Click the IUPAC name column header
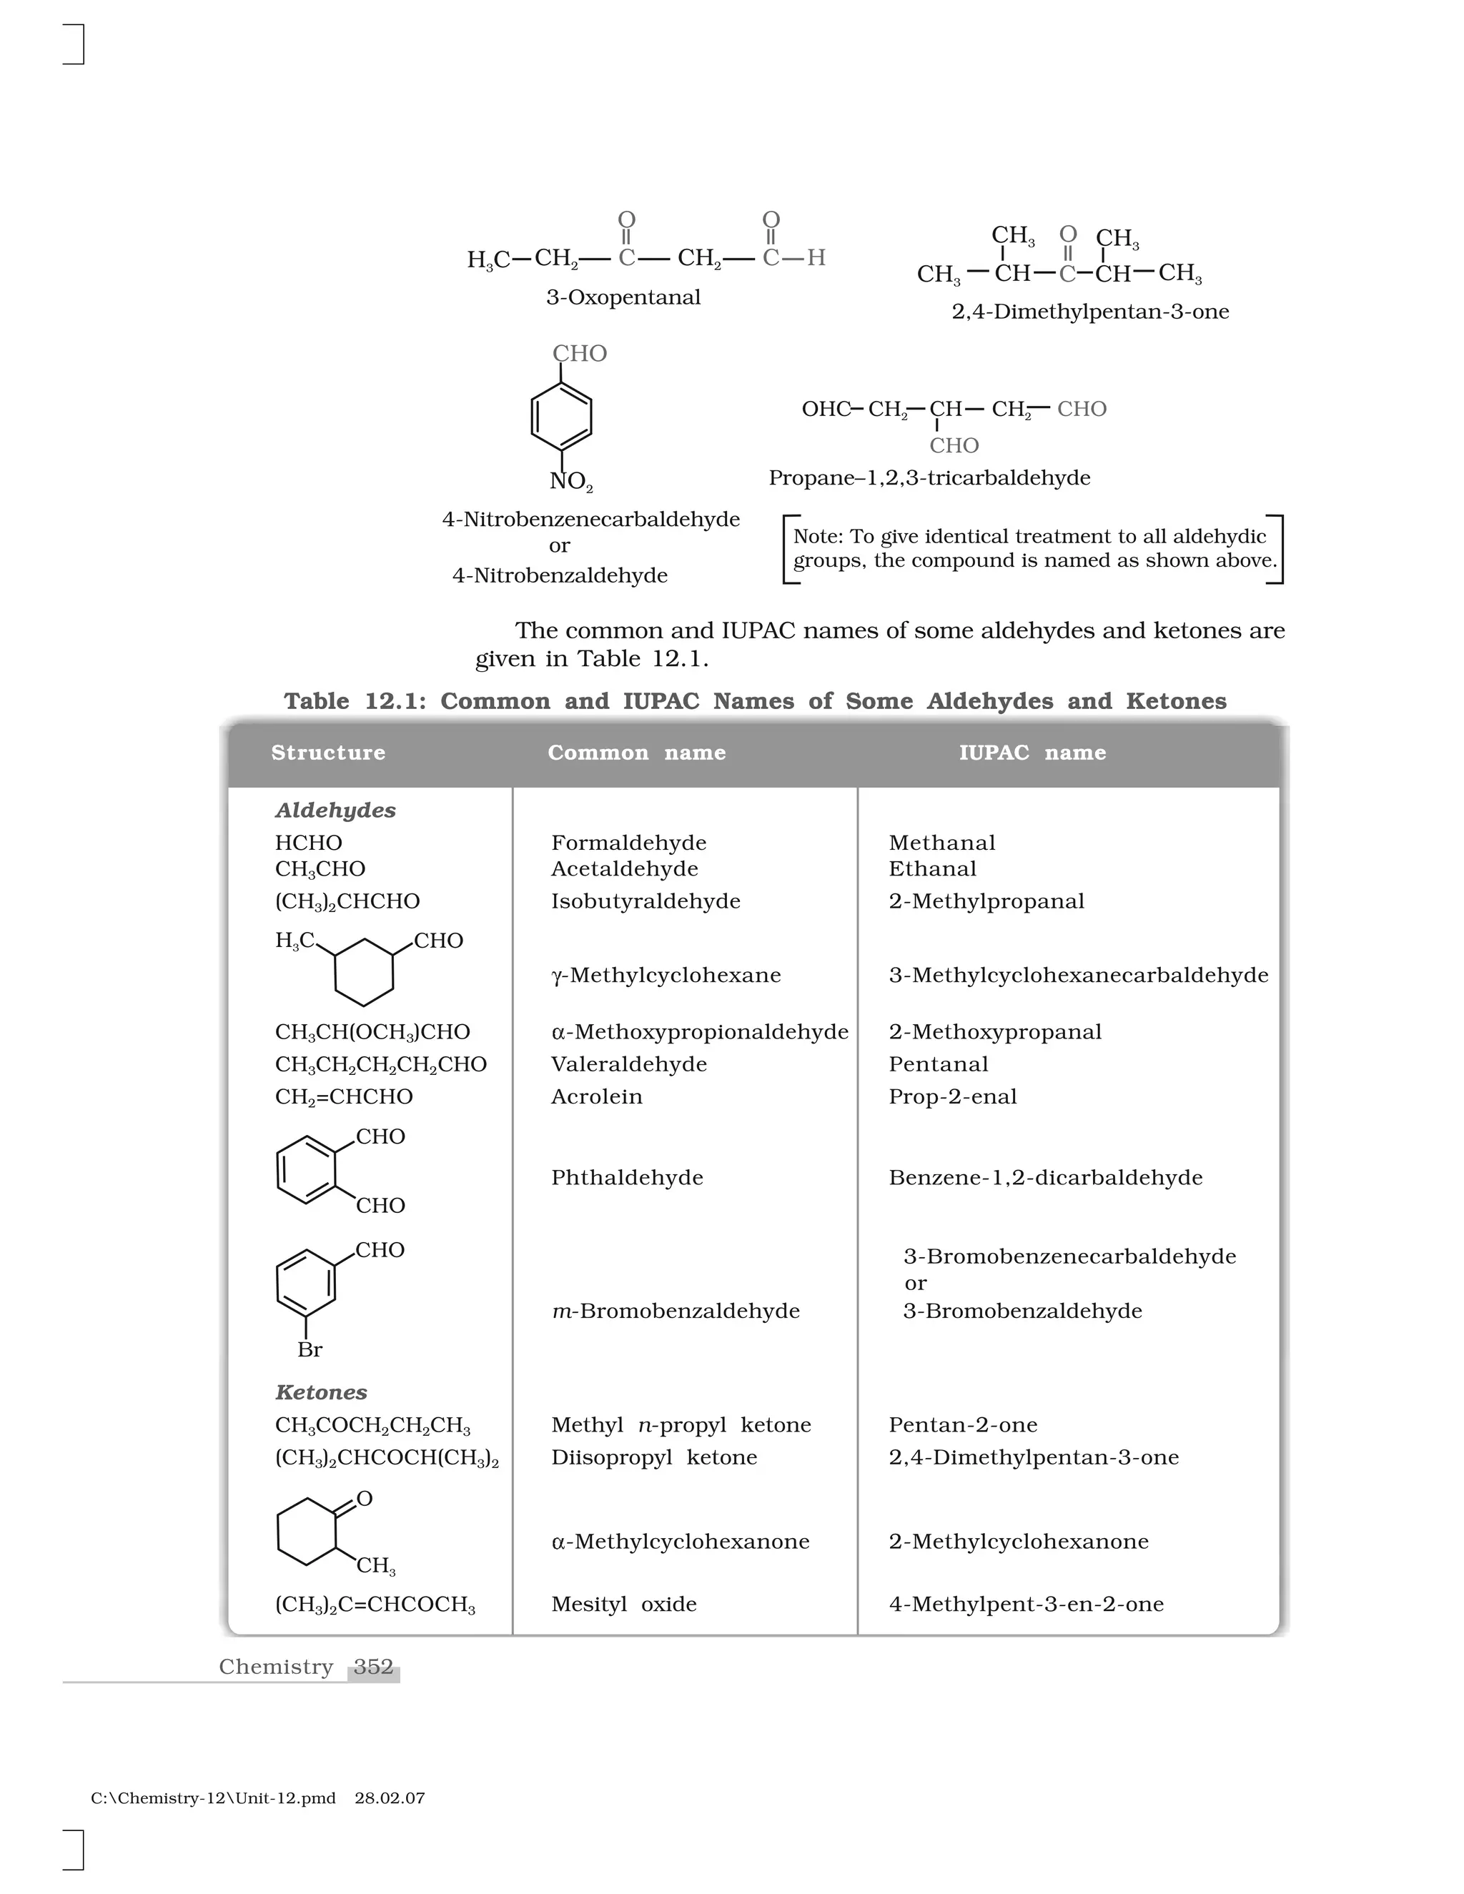1032,753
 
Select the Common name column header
637,753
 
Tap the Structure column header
328,753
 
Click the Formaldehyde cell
629,843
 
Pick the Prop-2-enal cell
952,1097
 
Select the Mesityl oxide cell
623,1605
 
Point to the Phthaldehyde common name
627,1178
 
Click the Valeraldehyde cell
629,1064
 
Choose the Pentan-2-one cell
963,1425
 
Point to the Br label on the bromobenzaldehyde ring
310,1349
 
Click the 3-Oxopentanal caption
623,297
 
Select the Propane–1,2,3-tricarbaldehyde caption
929,478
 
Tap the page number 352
374,1667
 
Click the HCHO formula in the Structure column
308,843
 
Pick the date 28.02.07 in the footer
390,1799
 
